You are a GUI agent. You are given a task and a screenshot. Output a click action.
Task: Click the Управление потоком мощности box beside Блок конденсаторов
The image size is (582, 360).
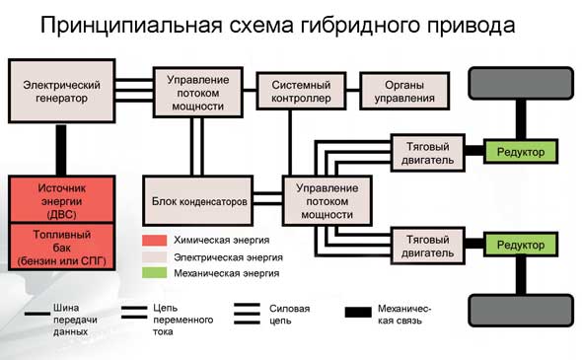[321, 201]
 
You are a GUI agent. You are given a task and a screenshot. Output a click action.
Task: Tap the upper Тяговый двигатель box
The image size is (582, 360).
[427, 151]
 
